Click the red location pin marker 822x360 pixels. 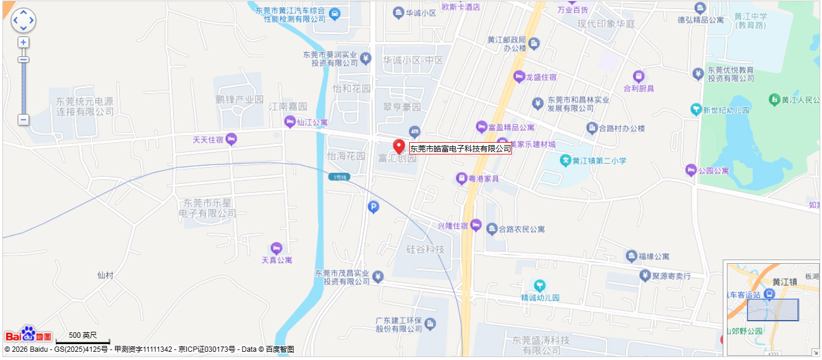pyautogui.click(x=399, y=147)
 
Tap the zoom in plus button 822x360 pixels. pyautogui.click(x=23, y=43)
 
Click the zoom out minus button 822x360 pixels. pyautogui.click(x=23, y=120)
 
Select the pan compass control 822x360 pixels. pyautogui.click(x=23, y=20)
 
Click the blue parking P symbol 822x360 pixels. pyautogui.click(x=373, y=207)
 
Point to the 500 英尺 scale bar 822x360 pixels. pyautogui.click(x=83, y=339)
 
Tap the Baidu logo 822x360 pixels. pyautogui.click(x=28, y=335)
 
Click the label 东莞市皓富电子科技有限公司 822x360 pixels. pyautogui.click(x=460, y=149)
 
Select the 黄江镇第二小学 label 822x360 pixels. pyautogui.click(x=599, y=160)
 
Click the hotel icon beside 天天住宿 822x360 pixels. pyautogui.click(x=231, y=139)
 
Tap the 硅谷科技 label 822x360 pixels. pyautogui.click(x=426, y=250)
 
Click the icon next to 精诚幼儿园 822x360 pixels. pyautogui.click(x=539, y=285)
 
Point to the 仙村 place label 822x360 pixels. pyautogui.click(x=106, y=275)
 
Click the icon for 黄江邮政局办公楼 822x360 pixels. pyautogui.click(x=534, y=43)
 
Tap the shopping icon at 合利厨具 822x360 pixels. pyautogui.click(x=639, y=76)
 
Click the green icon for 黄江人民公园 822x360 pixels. pyautogui.click(x=774, y=100)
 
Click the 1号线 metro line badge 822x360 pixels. pyautogui.click(x=338, y=177)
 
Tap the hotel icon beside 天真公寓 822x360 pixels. pyautogui.click(x=277, y=248)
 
